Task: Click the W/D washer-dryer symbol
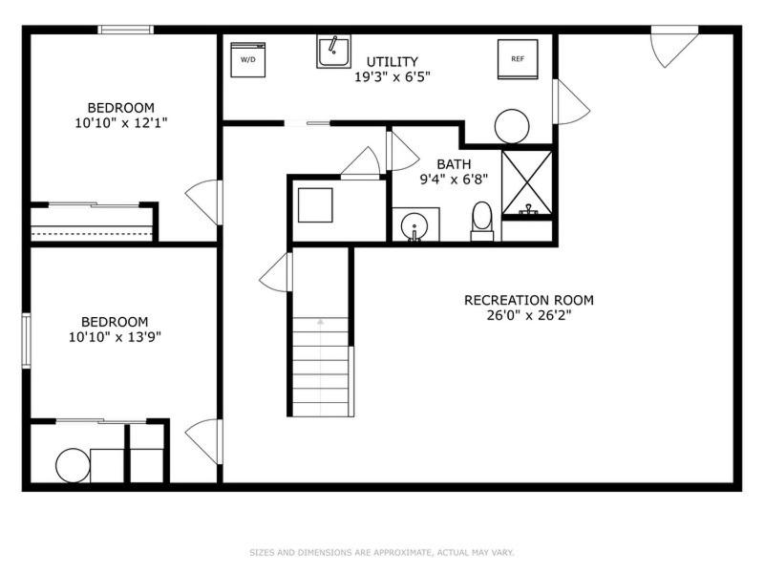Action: (247, 59)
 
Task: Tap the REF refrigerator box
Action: (518, 59)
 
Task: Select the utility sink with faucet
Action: (333, 52)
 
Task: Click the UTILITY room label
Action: (392, 61)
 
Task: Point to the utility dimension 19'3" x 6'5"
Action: (393, 77)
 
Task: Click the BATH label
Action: (454, 164)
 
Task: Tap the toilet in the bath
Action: (482, 222)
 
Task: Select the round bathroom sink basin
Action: (414, 226)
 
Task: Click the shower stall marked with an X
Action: (527, 182)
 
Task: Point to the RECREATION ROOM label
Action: (529, 300)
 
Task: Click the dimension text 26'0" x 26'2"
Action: (529, 315)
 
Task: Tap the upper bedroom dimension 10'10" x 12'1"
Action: (121, 123)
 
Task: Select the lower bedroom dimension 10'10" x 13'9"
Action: (115, 337)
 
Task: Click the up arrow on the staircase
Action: (320, 322)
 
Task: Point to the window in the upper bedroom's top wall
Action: (126, 30)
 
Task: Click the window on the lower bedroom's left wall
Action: (27, 341)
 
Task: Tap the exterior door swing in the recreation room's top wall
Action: (674, 46)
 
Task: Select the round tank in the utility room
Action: (512, 126)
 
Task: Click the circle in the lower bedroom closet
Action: (74, 465)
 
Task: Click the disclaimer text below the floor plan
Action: (381, 553)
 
